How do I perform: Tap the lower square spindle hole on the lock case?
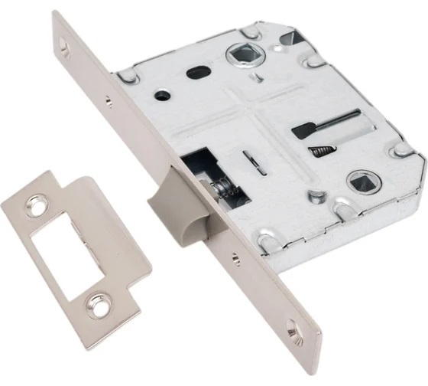[x=358, y=183]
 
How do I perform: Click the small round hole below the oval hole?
[x=163, y=96]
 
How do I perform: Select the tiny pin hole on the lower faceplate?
[x=236, y=260]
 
